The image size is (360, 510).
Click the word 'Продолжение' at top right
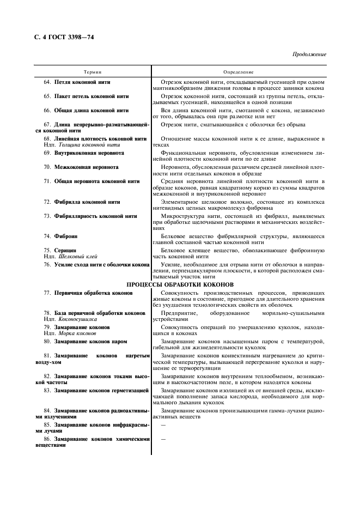pos(310,54)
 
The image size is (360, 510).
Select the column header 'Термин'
pos(92,72)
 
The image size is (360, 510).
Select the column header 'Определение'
pos(238,72)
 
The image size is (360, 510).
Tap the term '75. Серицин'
pos(61,250)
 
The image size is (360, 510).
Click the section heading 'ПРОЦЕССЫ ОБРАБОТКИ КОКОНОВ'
pos(180,284)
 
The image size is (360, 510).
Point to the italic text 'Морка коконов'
pos(75,333)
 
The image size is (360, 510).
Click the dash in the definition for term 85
pos(163,424)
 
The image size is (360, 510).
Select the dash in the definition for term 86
pos(163,439)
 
